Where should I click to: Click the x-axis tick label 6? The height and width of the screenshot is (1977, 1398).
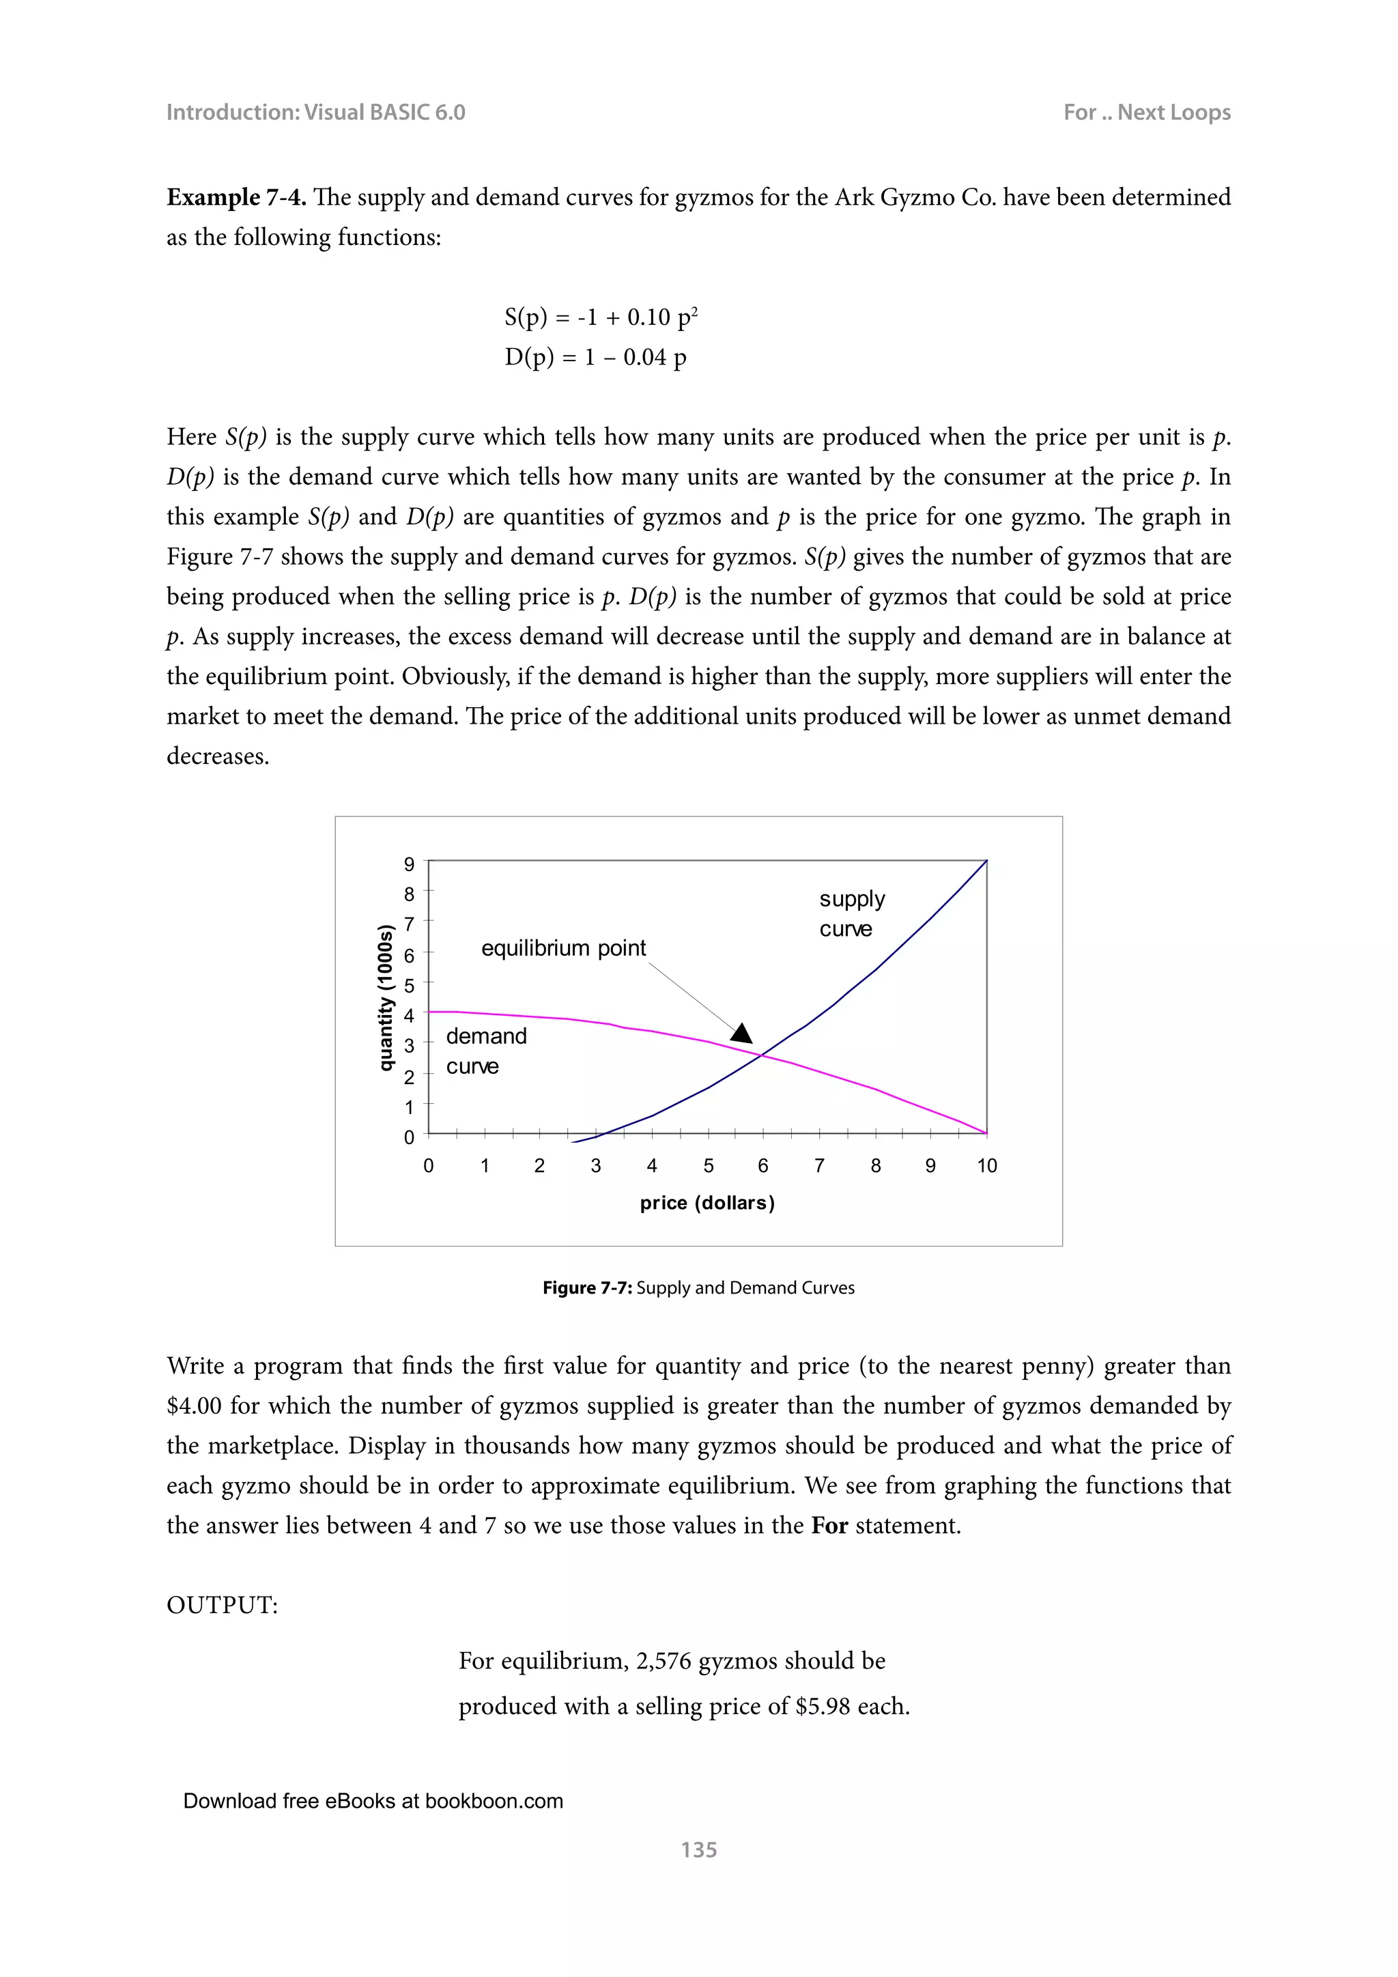(762, 1166)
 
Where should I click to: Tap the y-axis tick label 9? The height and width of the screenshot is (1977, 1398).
(409, 864)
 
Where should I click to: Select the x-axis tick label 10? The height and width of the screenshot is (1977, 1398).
(986, 1166)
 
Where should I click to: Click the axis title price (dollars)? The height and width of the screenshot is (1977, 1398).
(707, 1203)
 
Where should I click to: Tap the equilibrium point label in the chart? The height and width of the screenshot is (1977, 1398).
(563, 948)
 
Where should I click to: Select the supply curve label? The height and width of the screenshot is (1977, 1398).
(851, 913)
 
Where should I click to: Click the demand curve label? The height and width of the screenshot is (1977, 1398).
(485, 1051)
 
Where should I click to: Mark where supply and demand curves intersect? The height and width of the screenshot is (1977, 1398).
(761, 1055)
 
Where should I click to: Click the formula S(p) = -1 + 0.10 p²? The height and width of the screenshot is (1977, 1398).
(601, 317)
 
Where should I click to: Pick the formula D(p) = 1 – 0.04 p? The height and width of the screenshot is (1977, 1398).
(596, 357)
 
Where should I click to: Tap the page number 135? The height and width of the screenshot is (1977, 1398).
(698, 1849)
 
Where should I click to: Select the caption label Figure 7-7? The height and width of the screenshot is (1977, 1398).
(587, 1288)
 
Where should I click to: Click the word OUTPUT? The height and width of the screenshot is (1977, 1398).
(222, 1605)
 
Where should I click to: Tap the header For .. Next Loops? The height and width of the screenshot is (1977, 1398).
(1147, 113)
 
